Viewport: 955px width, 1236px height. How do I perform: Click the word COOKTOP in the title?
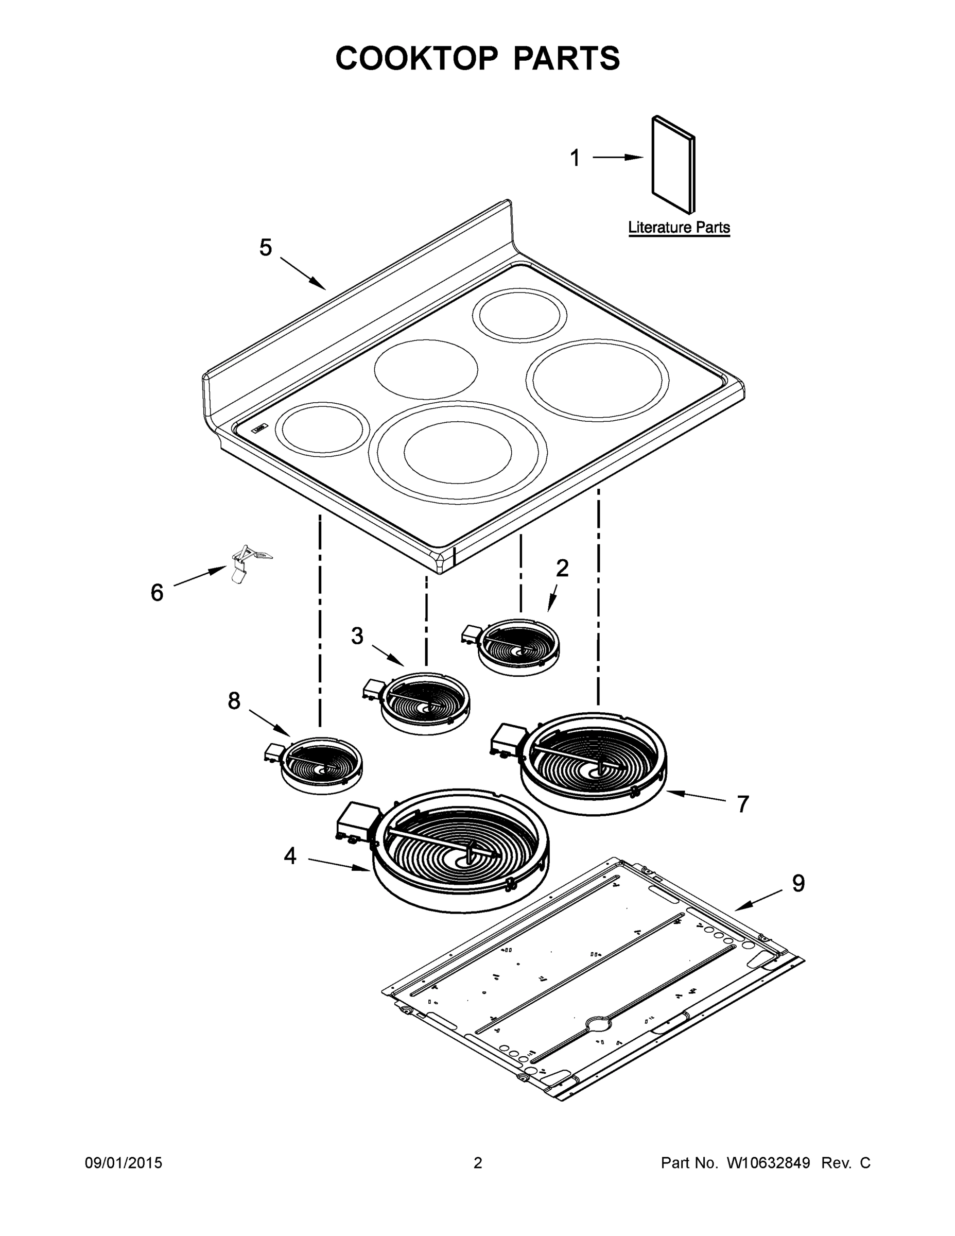(x=417, y=58)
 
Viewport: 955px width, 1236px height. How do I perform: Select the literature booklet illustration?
(x=673, y=165)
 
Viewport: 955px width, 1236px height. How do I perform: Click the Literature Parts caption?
(x=679, y=228)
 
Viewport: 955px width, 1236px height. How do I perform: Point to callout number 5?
(x=265, y=248)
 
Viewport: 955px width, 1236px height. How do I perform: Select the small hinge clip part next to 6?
(x=247, y=562)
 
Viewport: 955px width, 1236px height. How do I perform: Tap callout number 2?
(x=562, y=568)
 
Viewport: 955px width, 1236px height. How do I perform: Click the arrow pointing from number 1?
(x=618, y=157)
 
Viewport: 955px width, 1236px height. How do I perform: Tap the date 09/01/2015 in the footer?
(x=124, y=1163)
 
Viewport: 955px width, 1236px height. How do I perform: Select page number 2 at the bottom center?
(x=478, y=1163)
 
